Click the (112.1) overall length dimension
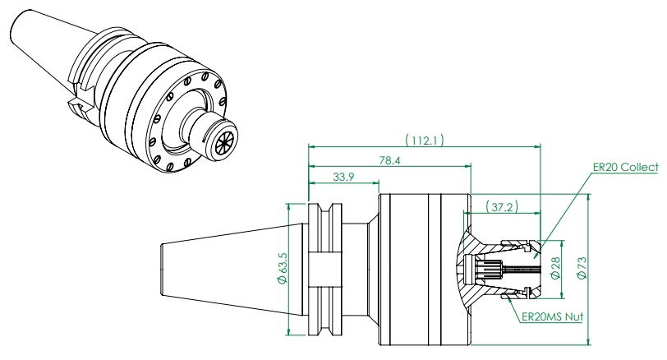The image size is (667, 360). coord(424,140)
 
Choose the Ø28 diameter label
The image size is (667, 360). coord(557,268)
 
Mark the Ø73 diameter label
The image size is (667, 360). coord(583,268)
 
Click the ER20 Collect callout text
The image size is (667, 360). coord(625,167)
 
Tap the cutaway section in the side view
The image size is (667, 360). coord(485,267)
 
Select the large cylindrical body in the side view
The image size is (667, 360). coord(411,267)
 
